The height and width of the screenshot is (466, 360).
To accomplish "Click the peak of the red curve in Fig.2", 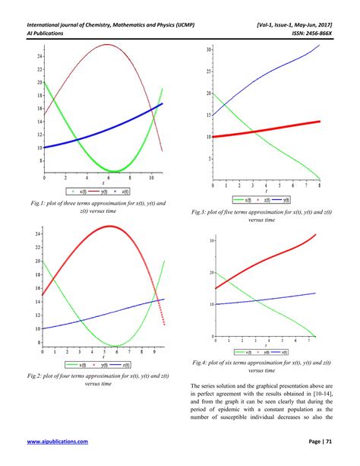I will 111,226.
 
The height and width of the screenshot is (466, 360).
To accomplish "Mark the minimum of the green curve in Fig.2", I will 114,346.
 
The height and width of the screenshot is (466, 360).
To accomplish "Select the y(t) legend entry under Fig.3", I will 271,199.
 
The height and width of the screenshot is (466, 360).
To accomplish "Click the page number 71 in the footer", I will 334,442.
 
